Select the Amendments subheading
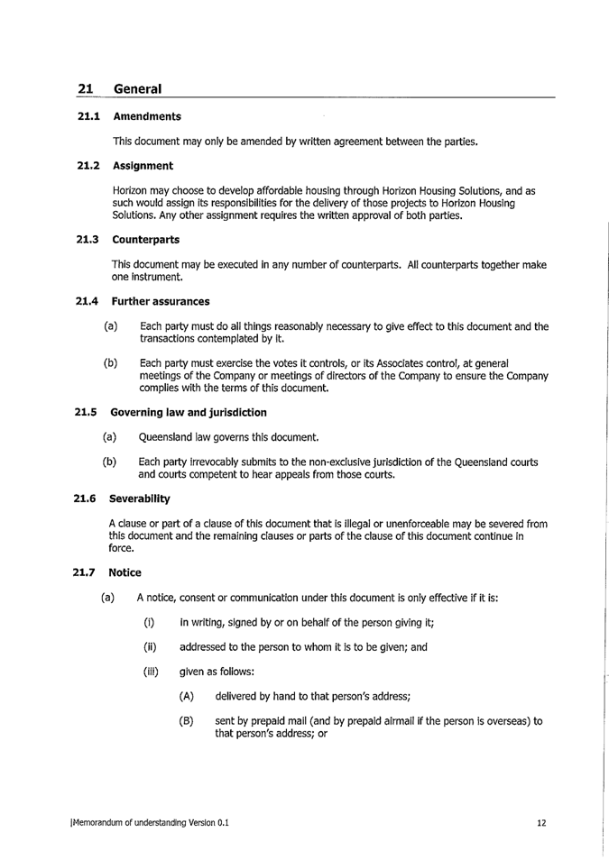(x=146, y=116)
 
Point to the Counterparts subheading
(x=145, y=239)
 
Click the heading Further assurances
(x=160, y=300)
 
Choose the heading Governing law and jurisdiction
(x=188, y=412)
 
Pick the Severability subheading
(x=142, y=498)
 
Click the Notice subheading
(x=125, y=572)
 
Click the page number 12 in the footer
(x=541, y=822)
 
